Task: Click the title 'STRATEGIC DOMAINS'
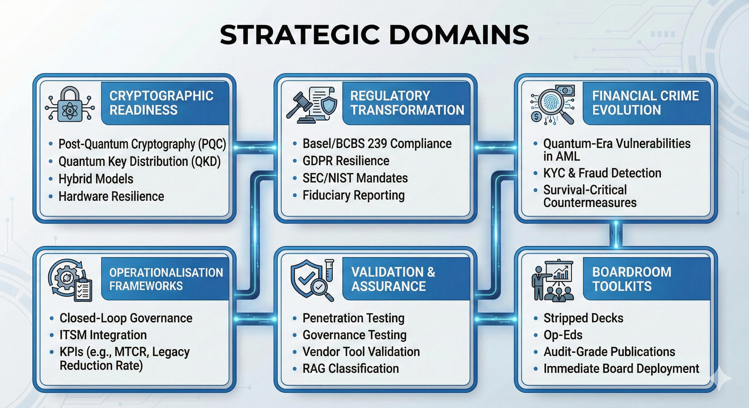click(374, 34)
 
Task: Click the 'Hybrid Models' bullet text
click(96, 179)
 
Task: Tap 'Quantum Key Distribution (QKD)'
click(139, 162)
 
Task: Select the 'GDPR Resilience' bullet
click(346, 161)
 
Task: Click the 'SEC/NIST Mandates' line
click(355, 178)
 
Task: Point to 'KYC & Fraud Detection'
click(602, 173)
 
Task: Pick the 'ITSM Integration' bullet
click(103, 335)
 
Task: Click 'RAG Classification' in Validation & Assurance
click(350, 369)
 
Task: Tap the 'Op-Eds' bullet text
click(563, 335)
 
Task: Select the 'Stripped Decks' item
click(583, 318)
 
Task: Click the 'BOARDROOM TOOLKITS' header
click(631, 279)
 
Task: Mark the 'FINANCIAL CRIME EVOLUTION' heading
click(645, 103)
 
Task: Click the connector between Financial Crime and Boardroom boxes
click(616, 234)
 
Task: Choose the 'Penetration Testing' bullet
click(353, 318)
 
